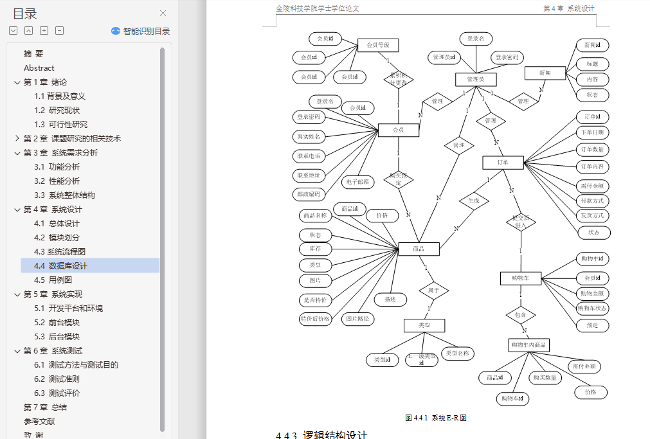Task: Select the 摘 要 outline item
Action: (x=33, y=53)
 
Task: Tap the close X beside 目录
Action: (x=163, y=13)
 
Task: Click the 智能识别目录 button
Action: (x=141, y=31)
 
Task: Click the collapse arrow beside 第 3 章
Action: (x=17, y=152)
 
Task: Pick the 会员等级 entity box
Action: (x=378, y=45)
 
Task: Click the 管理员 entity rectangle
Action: (x=476, y=79)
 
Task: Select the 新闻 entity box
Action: (x=545, y=73)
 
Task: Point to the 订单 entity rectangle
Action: (x=503, y=163)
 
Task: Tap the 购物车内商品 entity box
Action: (x=528, y=345)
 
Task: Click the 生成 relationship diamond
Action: (x=474, y=201)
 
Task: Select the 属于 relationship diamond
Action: (x=433, y=291)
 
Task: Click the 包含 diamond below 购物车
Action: (x=521, y=315)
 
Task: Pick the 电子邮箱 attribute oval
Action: (x=357, y=182)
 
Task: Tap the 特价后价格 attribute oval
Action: (x=315, y=318)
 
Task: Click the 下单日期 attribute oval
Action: (x=592, y=132)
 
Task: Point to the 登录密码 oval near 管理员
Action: (x=507, y=58)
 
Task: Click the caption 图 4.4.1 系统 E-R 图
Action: (x=436, y=418)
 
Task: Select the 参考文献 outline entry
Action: (x=39, y=421)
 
